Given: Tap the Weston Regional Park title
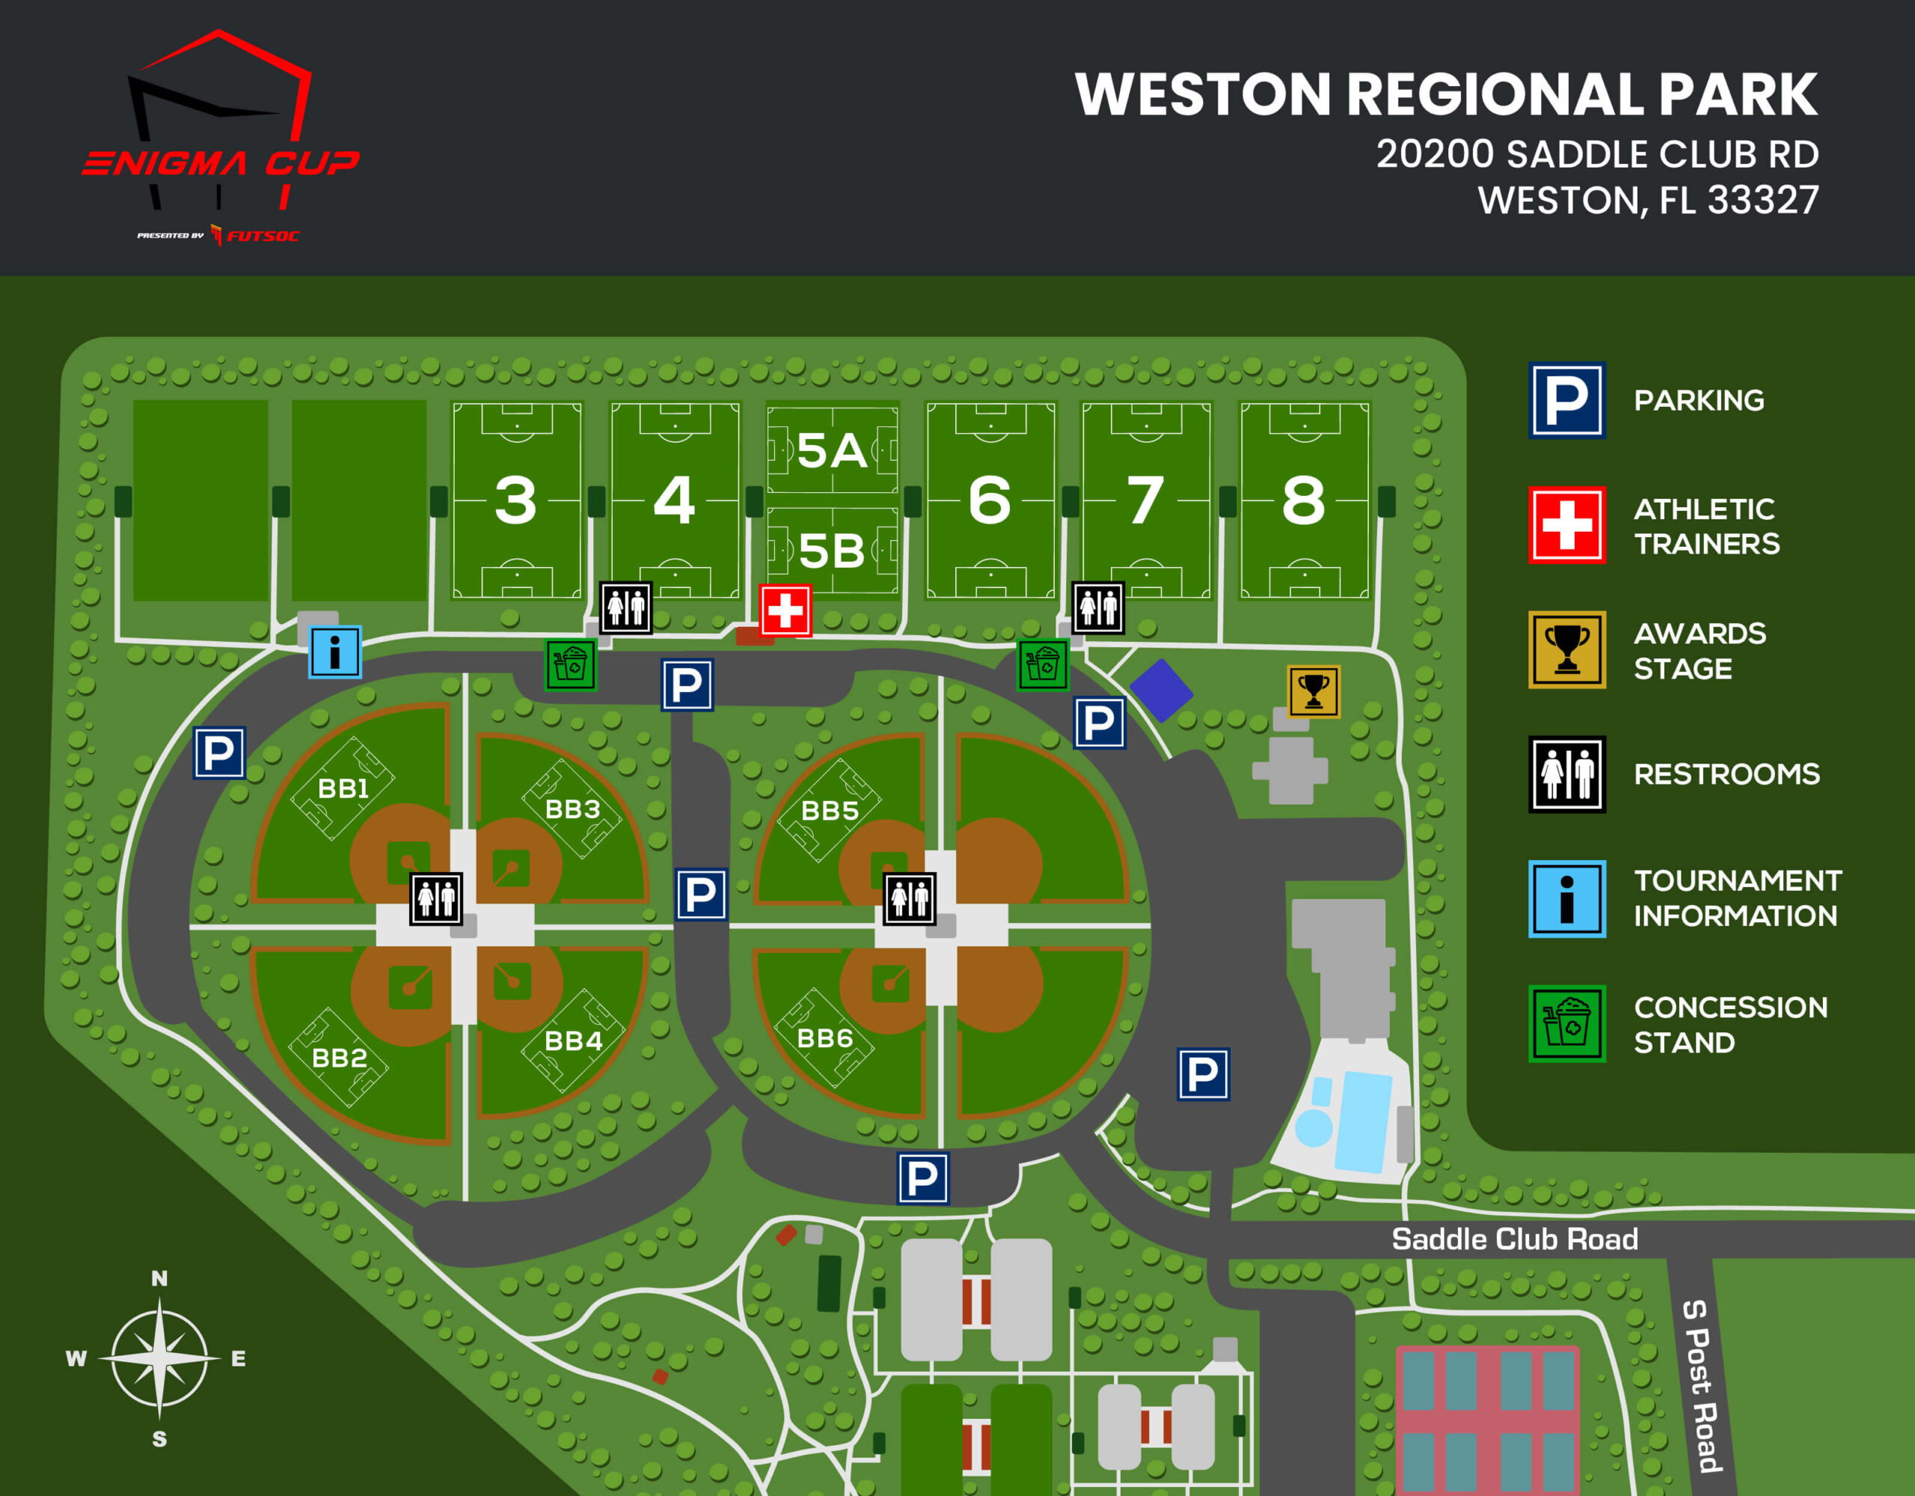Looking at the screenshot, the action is tap(1447, 95).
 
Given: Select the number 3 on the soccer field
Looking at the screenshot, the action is tap(515, 500).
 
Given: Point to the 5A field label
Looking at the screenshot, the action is tap(832, 451).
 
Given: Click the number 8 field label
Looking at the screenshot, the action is tap(1304, 500).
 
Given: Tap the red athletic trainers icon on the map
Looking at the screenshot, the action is tap(785, 610).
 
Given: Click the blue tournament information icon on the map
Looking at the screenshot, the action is tap(335, 652).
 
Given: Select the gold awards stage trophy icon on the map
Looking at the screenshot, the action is tap(1314, 691).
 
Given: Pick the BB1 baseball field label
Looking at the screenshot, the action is tap(343, 788).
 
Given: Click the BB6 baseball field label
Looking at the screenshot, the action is tap(825, 1038).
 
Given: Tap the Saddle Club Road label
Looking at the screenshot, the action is tap(1514, 1239).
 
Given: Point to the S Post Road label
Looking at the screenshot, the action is tap(1702, 1385).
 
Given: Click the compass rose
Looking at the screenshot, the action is tap(159, 1358).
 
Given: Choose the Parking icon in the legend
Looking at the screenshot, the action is tap(1567, 401).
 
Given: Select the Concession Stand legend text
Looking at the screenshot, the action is tap(1731, 1024).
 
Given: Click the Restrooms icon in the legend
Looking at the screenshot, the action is tap(1567, 774).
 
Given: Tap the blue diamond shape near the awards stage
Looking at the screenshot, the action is tap(1161, 690).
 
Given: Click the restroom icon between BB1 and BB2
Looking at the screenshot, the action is tap(437, 899).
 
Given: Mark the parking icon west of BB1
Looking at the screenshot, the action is tap(219, 752).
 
